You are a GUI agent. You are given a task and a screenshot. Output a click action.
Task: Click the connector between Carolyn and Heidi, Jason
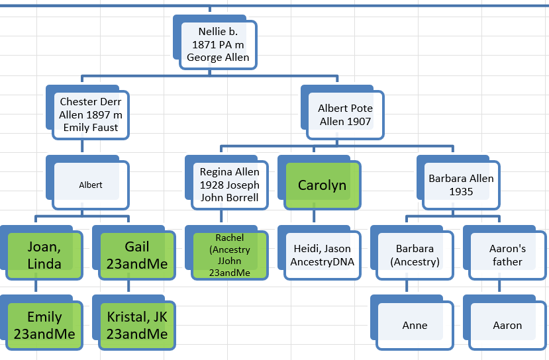point(314,216)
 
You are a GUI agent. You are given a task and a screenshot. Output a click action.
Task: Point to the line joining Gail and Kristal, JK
point(128,286)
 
